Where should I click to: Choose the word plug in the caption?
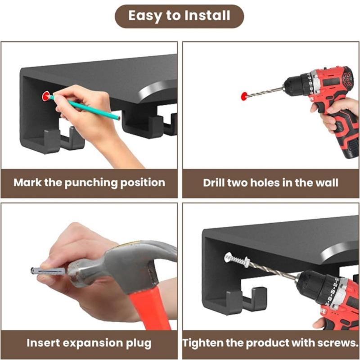(138, 342)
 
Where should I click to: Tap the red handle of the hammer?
(146, 310)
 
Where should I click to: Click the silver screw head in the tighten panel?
(231, 258)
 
